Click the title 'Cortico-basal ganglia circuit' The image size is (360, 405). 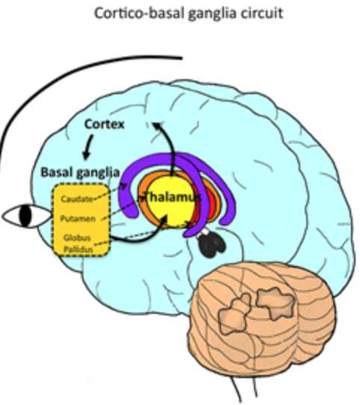point(188,13)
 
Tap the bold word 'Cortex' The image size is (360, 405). point(105,124)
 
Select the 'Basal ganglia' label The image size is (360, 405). point(81,173)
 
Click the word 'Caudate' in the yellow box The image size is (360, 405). point(77,199)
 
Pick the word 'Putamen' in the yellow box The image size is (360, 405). point(78,219)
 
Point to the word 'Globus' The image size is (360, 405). point(77,238)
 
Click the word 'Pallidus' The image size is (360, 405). point(78,250)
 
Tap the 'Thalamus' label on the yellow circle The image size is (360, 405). point(172,197)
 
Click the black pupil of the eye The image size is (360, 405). point(25,216)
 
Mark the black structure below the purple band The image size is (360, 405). point(211,244)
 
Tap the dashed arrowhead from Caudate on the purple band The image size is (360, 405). point(124,186)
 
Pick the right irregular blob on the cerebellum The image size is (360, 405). point(276,303)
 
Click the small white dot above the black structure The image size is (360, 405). point(205,232)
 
